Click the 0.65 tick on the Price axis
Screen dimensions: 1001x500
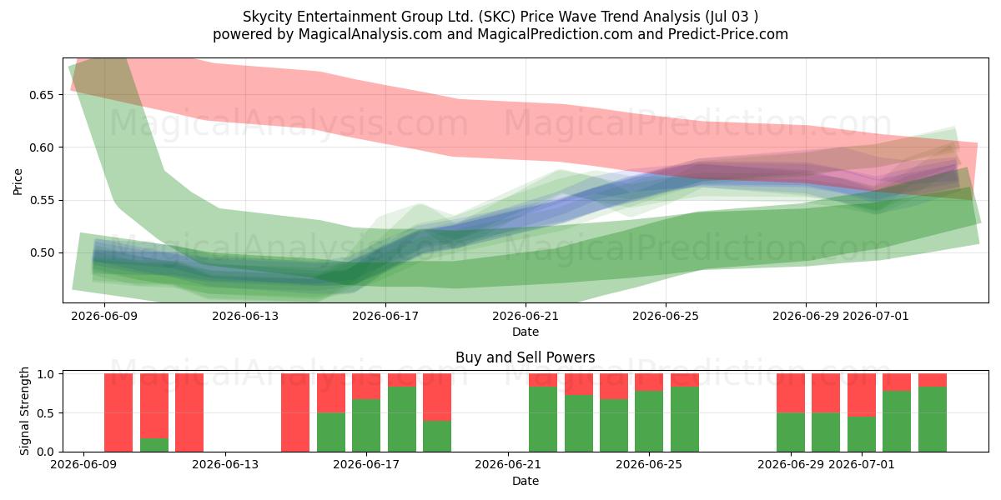click(41, 95)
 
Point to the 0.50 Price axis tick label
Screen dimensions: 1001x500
click(41, 253)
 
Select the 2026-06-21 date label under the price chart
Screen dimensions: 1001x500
click(526, 316)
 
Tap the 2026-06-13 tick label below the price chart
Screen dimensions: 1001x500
click(245, 316)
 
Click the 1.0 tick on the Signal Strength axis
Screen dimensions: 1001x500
click(46, 374)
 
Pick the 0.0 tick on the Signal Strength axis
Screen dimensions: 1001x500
click(46, 452)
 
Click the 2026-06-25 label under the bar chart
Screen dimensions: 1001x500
click(649, 465)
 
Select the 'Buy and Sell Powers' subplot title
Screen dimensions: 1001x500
click(525, 357)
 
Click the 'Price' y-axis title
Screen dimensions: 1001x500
click(18, 182)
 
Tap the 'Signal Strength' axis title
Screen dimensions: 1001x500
click(24, 411)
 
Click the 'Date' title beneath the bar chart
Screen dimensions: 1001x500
click(526, 482)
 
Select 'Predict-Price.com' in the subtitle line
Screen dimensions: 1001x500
click(728, 34)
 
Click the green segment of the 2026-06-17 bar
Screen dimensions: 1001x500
click(366, 426)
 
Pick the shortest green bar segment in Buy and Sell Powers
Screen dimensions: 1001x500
click(154, 445)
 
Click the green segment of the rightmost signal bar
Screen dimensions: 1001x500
click(933, 419)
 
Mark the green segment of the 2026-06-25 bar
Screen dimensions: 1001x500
click(649, 422)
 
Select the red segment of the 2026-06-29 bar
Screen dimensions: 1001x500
click(791, 393)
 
